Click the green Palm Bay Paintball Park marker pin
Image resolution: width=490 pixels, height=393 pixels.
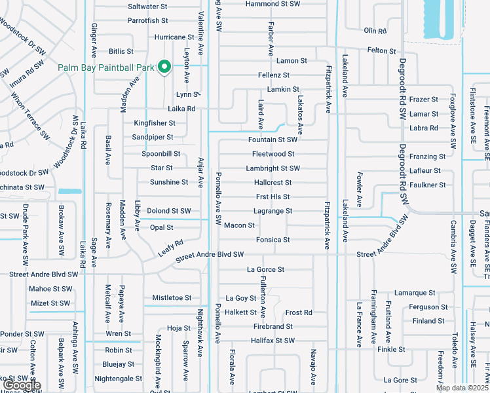click(165, 67)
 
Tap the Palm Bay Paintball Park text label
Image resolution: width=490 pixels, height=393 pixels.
click(105, 67)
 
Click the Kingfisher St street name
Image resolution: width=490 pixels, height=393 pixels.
click(155, 122)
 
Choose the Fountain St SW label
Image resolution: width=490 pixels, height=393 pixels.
click(273, 140)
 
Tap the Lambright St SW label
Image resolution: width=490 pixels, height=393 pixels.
click(273, 168)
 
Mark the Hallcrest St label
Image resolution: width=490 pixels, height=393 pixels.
click(273, 183)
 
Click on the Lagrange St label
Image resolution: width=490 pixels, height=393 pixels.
click(273, 211)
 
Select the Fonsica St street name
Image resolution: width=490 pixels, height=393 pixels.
click(273, 240)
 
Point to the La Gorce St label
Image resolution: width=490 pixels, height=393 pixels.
click(265, 269)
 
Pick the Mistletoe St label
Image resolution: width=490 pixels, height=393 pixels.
click(172, 297)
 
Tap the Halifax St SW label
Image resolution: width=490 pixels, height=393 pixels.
click(273, 341)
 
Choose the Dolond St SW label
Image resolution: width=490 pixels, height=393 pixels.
click(168, 211)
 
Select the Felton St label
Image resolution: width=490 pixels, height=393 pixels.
click(381, 50)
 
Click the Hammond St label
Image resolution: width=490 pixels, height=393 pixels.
click(273, 4)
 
